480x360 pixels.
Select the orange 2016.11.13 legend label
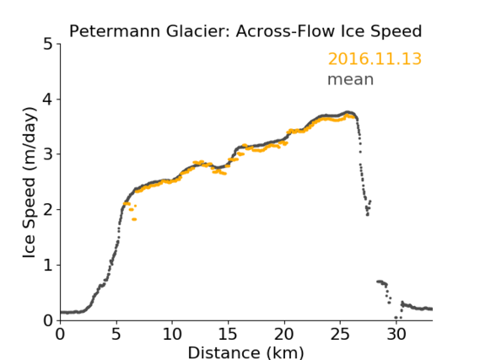pyautogui.click(x=375, y=59)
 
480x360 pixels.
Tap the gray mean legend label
pyautogui.click(x=351, y=79)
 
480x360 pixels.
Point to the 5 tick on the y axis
pyautogui.click(x=48, y=45)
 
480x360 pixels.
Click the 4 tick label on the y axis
pyautogui.click(x=48, y=99)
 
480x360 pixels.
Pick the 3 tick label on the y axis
pyautogui.click(x=48, y=154)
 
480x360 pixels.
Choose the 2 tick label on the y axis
pyautogui.click(x=48, y=210)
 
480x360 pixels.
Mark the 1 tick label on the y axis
pyautogui.click(x=48, y=266)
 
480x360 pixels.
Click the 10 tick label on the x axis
pyautogui.click(x=172, y=334)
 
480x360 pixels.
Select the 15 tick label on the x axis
pyautogui.click(x=228, y=334)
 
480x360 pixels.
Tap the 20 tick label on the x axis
pyautogui.click(x=284, y=334)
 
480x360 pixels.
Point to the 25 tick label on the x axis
pyautogui.click(x=340, y=334)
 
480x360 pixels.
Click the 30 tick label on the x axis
pyautogui.click(x=396, y=334)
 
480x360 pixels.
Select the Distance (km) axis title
pyautogui.click(x=245, y=352)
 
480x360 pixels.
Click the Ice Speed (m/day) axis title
pyautogui.click(x=30, y=183)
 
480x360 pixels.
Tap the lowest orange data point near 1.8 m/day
pyautogui.click(x=134, y=219)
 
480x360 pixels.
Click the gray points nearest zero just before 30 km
pyautogui.click(x=398, y=318)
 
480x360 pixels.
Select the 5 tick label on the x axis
pyautogui.click(x=116, y=334)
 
